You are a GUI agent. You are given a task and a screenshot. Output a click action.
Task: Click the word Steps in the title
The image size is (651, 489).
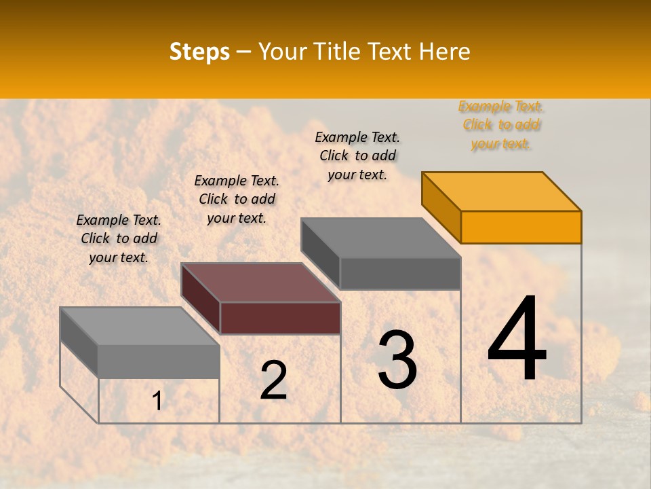(x=199, y=52)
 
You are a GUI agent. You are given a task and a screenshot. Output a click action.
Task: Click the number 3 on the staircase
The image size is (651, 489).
(x=397, y=360)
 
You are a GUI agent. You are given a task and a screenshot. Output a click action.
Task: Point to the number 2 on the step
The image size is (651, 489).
(x=273, y=380)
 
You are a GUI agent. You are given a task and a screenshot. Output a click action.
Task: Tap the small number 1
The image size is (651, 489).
(x=157, y=401)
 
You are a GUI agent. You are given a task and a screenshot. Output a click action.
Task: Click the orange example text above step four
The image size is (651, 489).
(x=501, y=125)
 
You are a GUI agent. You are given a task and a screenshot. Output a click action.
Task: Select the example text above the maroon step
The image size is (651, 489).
(x=237, y=199)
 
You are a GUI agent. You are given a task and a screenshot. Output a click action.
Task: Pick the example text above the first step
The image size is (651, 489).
(x=119, y=238)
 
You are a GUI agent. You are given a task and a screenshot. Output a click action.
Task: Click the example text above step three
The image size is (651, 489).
(x=357, y=156)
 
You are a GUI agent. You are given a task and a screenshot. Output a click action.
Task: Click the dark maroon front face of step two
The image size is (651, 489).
(x=280, y=318)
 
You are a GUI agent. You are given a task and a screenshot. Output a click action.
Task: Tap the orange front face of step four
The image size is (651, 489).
(x=521, y=227)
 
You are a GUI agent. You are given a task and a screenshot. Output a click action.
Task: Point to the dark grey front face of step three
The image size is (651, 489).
(x=400, y=273)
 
